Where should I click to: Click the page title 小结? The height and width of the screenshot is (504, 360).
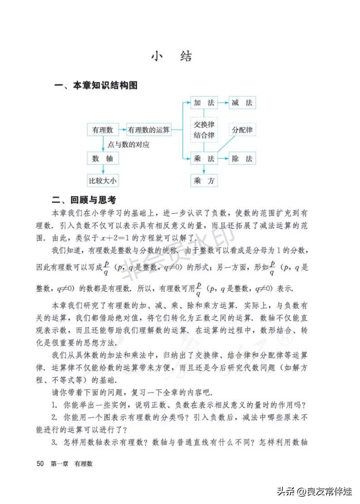[x=171, y=56]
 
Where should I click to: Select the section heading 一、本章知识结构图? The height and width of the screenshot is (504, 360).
[x=96, y=86]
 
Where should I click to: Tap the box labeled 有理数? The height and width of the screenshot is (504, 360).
[x=102, y=130]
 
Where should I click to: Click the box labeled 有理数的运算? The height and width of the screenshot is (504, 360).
[x=149, y=130]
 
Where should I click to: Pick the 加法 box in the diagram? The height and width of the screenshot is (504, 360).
[x=204, y=103]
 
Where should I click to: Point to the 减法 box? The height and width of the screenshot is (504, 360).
[x=242, y=103]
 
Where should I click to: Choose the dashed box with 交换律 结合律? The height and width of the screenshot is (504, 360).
[x=204, y=130]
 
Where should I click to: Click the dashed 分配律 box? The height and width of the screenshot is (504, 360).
[x=242, y=130]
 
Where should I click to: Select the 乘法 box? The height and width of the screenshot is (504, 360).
[x=204, y=158]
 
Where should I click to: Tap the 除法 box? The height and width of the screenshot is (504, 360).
[x=242, y=158]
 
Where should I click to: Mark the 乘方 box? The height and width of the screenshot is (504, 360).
[x=204, y=181]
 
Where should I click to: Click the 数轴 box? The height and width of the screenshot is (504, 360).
[x=102, y=158]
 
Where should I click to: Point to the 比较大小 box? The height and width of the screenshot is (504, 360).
[x=102, y=181]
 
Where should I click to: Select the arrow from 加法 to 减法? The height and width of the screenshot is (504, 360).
[x=223, y=103]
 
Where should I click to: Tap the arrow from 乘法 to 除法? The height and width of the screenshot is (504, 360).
[x=223, y=158]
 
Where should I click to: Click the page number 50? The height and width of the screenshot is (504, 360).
[x=40, y=464]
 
